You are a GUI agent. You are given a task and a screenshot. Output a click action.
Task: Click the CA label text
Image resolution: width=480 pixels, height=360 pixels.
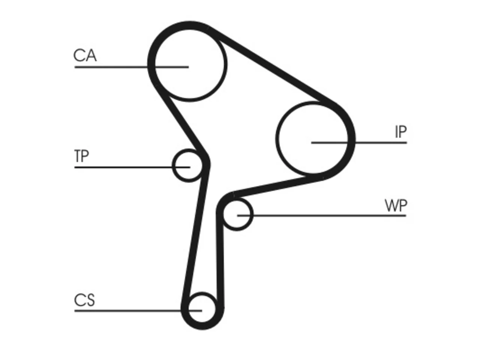tap(85, 55)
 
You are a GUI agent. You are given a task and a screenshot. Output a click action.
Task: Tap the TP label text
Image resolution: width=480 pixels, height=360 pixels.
tap(82, 156)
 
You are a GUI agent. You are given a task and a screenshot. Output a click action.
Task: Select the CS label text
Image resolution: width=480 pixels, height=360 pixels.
tap(84, 300)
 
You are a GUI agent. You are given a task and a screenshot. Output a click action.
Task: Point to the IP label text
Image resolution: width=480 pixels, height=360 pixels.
tap(400, 132)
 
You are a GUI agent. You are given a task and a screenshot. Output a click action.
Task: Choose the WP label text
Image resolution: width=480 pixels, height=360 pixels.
tap(396, 205)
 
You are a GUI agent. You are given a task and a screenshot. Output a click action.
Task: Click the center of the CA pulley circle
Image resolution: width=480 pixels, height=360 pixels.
tap(189, 65)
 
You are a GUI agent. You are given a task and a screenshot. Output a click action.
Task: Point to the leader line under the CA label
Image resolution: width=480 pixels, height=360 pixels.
tap(131, 67)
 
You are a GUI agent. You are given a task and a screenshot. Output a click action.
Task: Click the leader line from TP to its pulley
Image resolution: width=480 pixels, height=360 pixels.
tap(132, 167)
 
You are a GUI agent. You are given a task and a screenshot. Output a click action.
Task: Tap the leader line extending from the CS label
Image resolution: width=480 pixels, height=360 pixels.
tap(138, 310)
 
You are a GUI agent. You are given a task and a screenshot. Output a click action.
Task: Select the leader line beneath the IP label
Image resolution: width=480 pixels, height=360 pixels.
tap(359, 143)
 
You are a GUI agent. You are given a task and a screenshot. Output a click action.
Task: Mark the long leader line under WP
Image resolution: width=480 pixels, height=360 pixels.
tap(322, 216)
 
